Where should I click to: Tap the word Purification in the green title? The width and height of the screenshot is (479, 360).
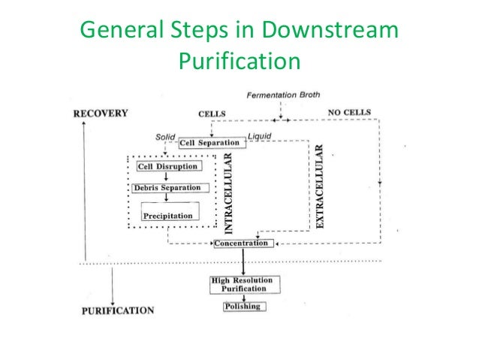[239, 61]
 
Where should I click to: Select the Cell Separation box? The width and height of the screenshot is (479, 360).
[210, 143]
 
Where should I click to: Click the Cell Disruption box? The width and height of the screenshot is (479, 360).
[167, 166]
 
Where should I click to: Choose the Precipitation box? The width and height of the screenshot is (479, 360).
[167, 216]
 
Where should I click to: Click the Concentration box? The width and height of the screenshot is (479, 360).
[241, 244]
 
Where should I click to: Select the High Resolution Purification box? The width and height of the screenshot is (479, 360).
[243, 284]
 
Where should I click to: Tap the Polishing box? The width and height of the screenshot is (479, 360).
[242, 307]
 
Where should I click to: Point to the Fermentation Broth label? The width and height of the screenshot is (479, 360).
[282, 94]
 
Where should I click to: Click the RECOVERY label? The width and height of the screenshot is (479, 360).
[100, 113]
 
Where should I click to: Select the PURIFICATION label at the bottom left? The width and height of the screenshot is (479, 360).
[117, 310]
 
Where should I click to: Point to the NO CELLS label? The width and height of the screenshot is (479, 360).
[349, 112]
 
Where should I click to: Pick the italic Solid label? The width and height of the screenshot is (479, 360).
[165, 137]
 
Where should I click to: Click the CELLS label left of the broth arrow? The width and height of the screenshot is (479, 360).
[212, 114]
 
